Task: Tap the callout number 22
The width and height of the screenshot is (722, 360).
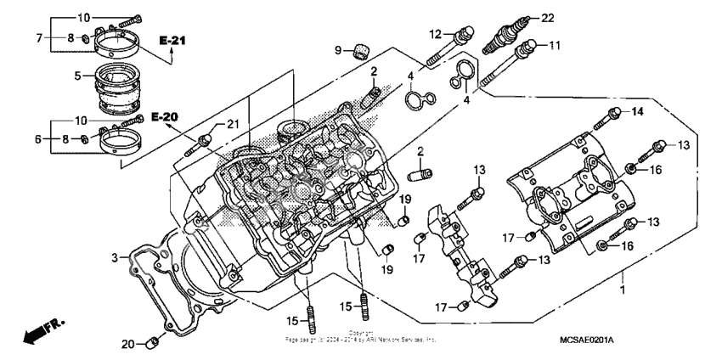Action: tap(546, 18)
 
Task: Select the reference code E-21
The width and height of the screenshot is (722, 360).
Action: tap(172, 40)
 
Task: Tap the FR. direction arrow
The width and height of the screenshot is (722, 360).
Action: tap(43, 329)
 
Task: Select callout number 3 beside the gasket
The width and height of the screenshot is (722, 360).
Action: tap(113, 257)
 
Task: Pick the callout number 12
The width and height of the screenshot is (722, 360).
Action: tap(435, 34)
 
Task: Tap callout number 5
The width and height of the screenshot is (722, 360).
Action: tap(77, 76)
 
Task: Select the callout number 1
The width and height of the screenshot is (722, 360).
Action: tap(624, 290)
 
